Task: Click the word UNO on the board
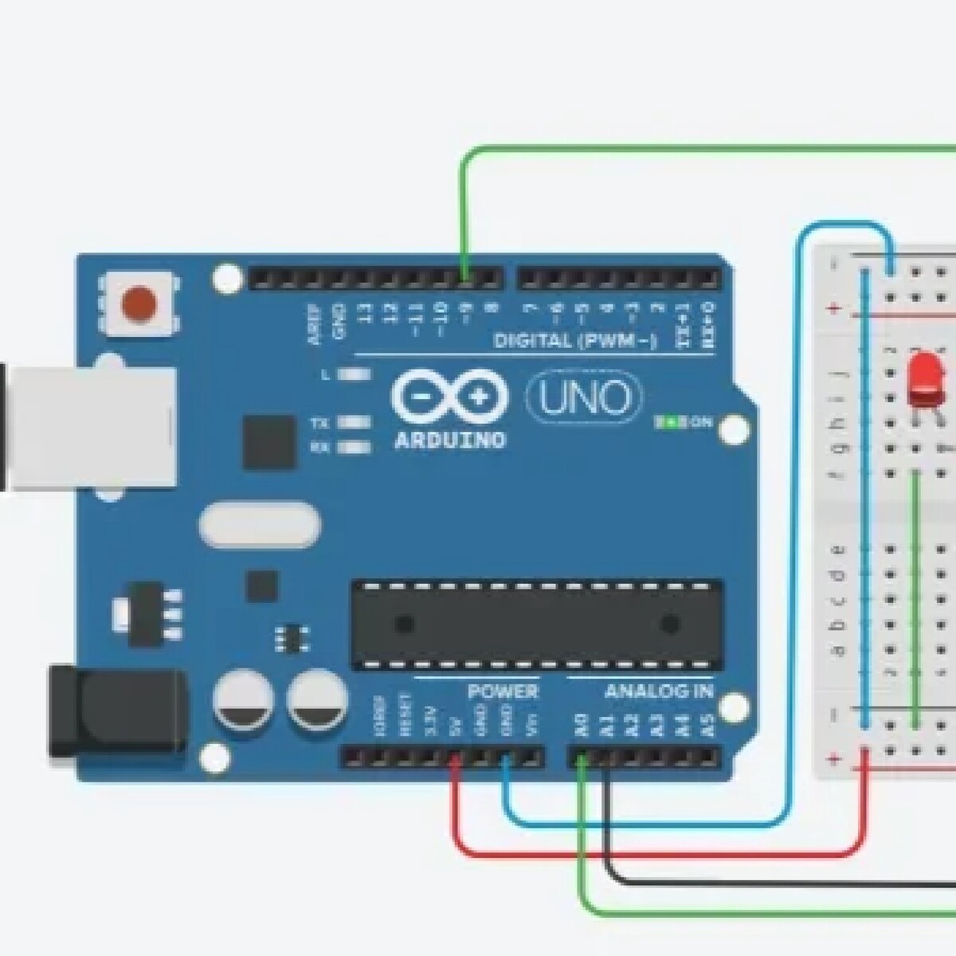tap(584, 398)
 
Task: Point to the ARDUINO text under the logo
tap(450, 440)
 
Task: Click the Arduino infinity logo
tap(450, 397)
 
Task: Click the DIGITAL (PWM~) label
tap(575, 342)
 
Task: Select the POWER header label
tap(503, 691)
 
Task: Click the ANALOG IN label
tap(659, 691)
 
